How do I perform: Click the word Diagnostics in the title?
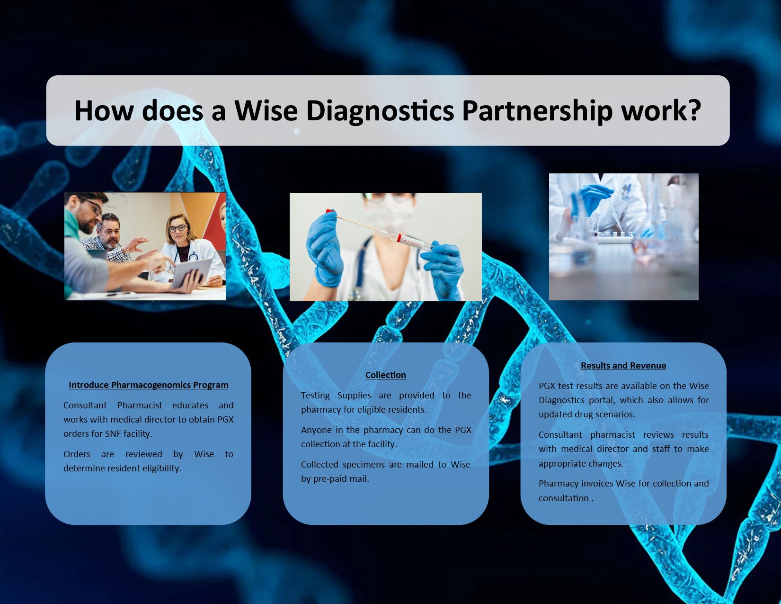380,111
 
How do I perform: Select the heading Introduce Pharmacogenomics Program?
149,385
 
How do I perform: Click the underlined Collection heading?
386,375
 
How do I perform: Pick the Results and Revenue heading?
623,366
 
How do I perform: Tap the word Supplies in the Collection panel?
354,396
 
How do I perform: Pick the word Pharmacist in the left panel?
140,406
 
